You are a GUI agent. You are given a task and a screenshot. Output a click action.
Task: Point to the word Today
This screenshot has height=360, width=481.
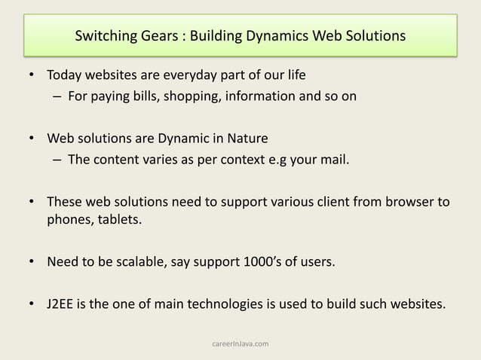click(66, 77)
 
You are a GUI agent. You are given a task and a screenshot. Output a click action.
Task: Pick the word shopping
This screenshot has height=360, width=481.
click(192, 96)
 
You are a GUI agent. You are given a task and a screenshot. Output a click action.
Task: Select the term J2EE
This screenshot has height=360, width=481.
click(63, 306)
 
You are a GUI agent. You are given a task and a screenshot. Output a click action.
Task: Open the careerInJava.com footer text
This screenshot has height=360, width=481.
click(240, 344)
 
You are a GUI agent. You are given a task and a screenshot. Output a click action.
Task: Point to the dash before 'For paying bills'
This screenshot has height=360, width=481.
click(57, 96)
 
